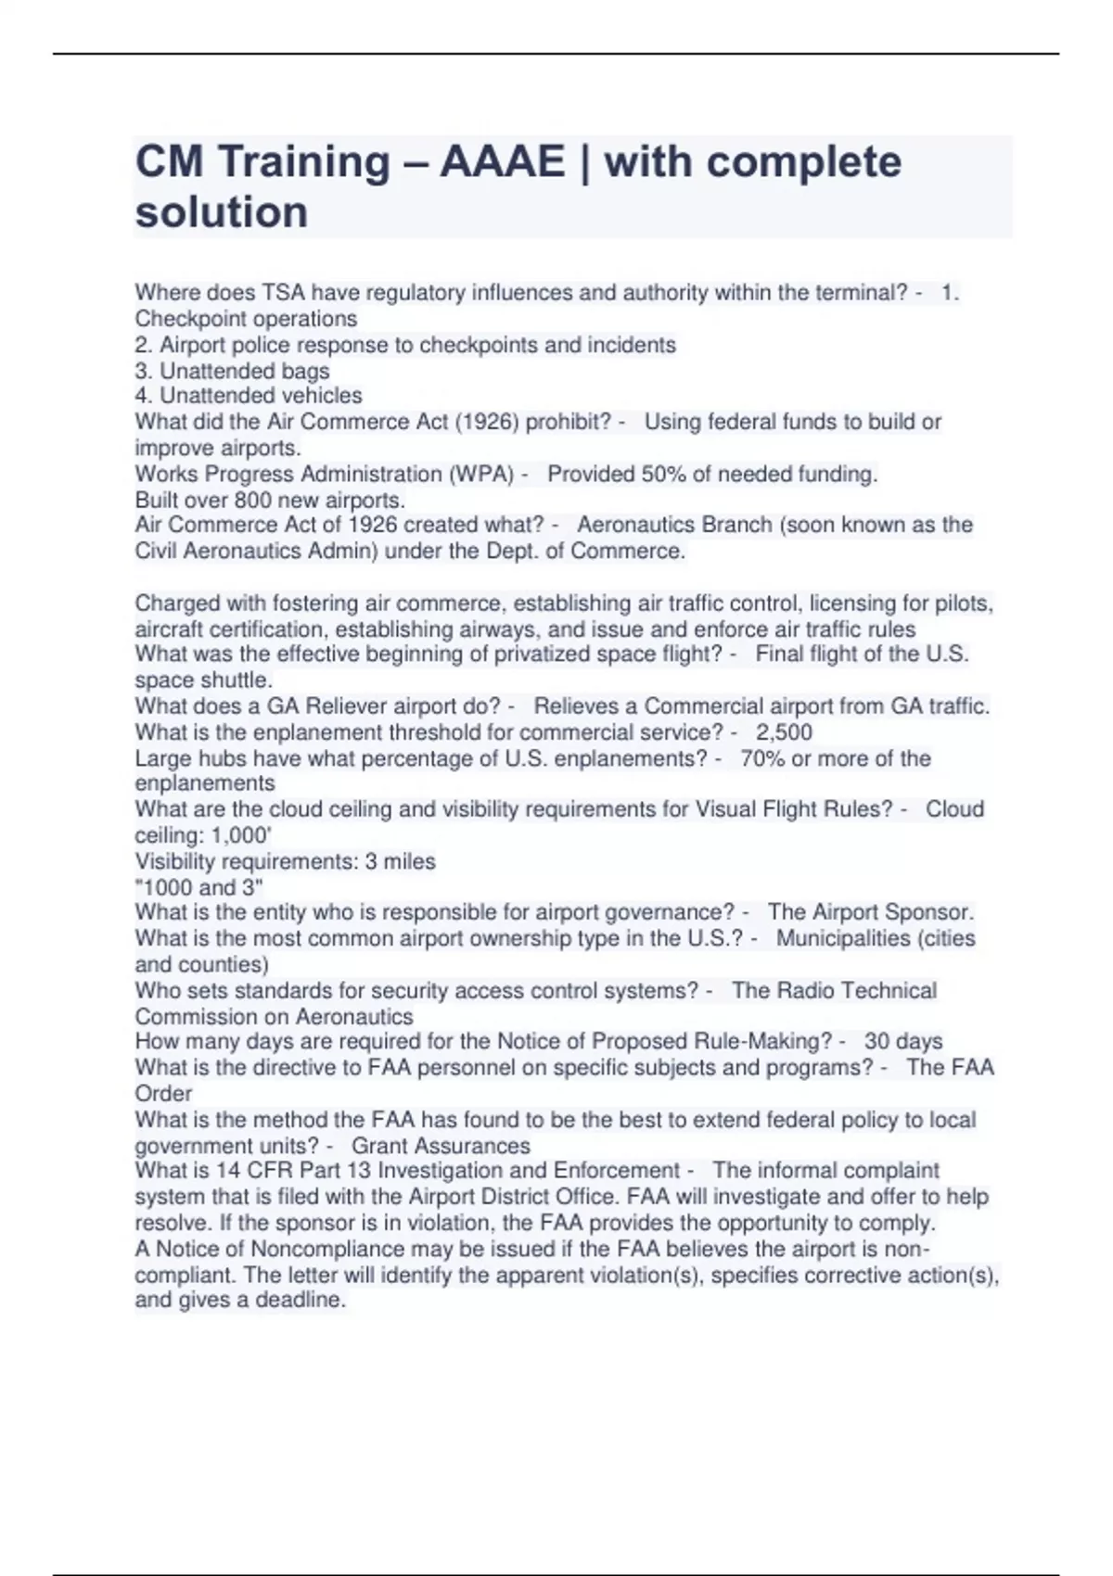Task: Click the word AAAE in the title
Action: tap(502, 162)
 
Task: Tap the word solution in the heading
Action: tap(222, 212)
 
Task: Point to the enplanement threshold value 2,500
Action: tap(784, 732)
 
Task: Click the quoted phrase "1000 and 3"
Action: tap(199, 887)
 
